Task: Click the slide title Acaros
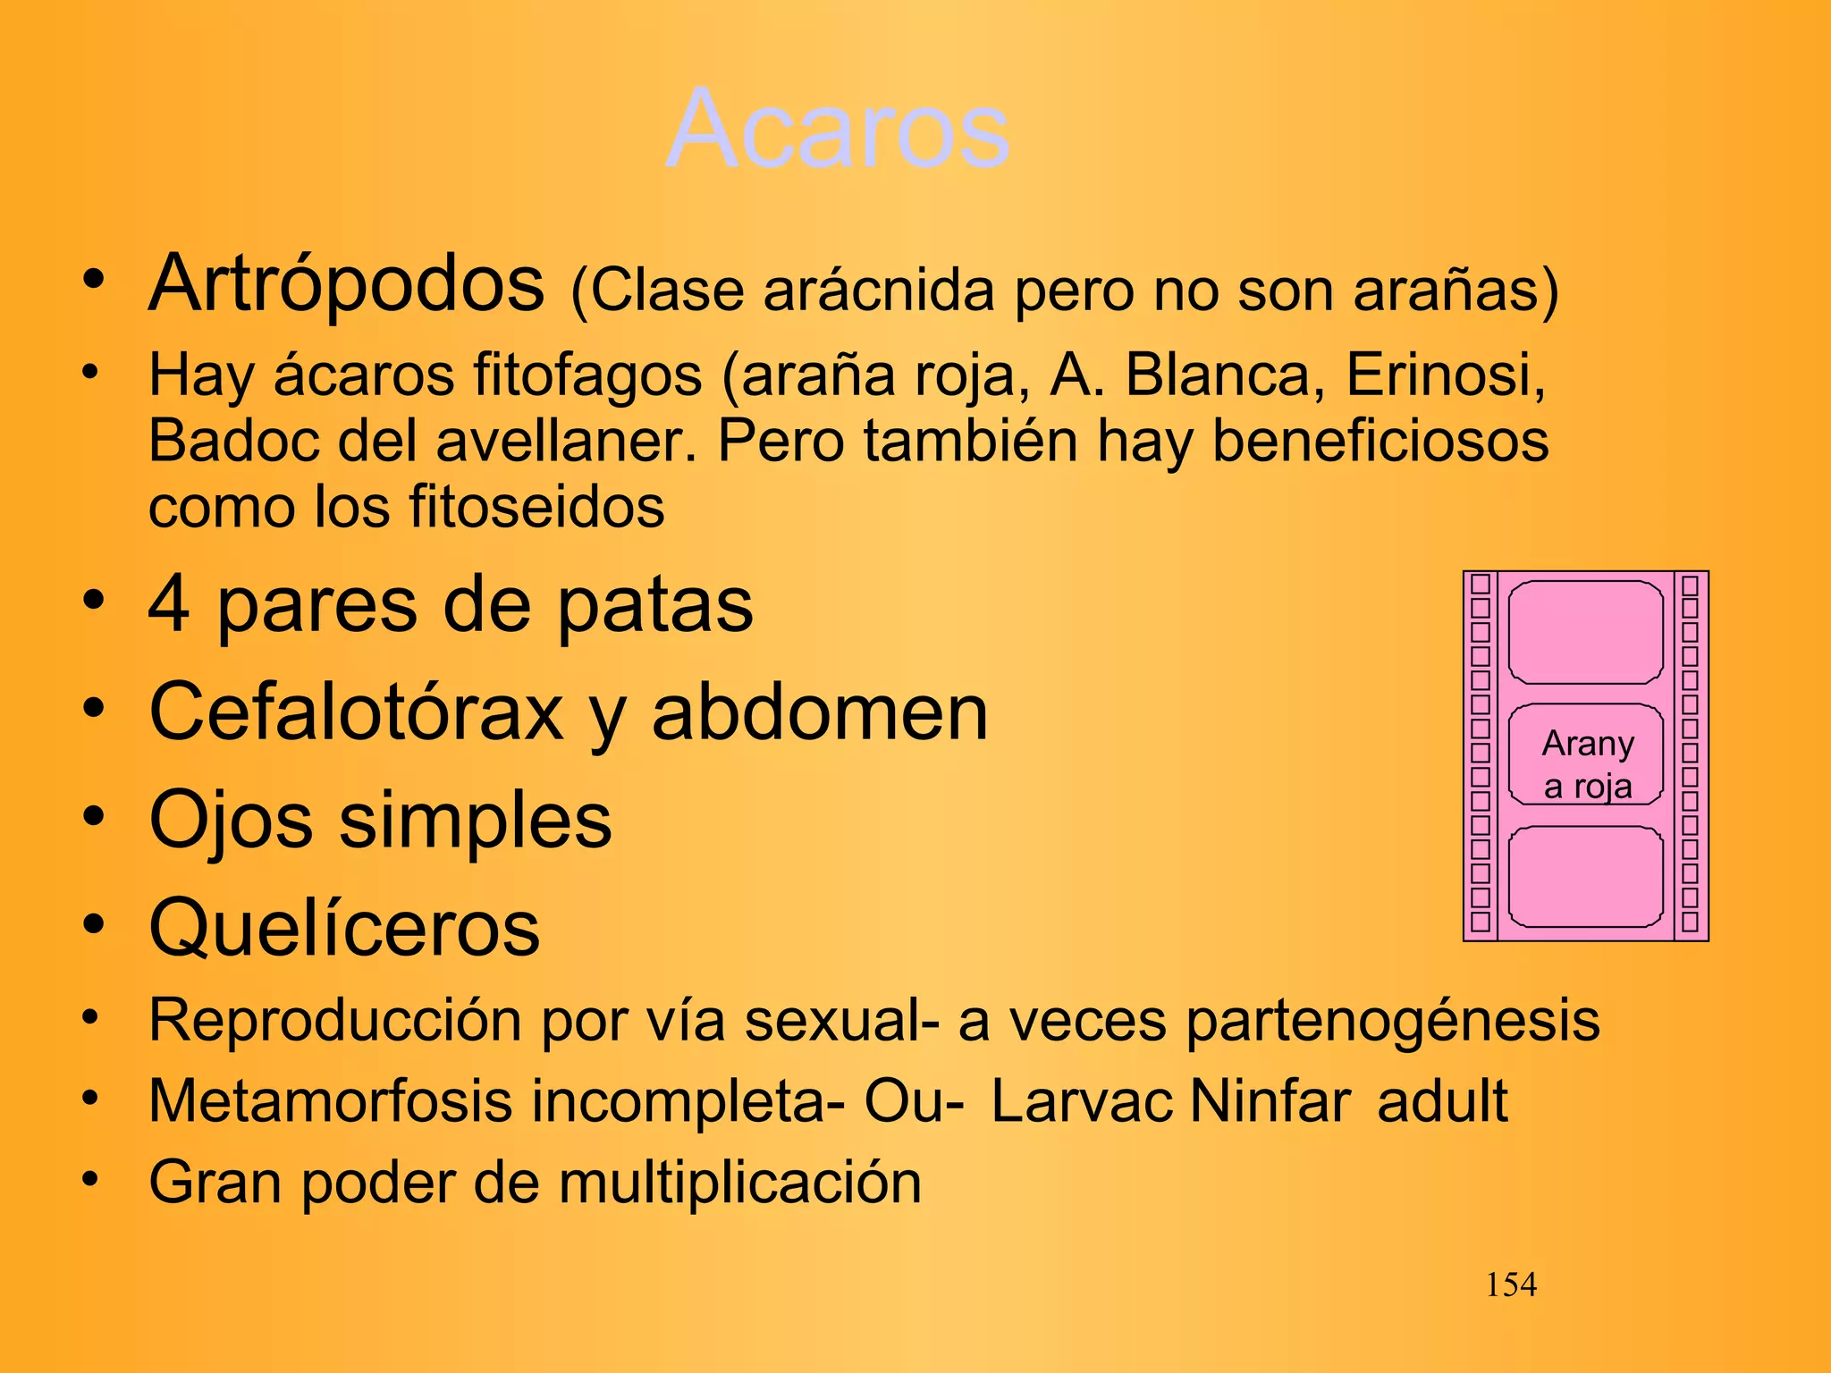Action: [x=838, y=130]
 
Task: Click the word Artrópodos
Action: [x=346, y=284]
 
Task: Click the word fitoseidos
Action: [x=536, y=507]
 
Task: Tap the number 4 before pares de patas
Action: [x=169, y=605]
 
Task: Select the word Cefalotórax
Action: [x=356, y=712]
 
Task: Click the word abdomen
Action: [x=819, y=712]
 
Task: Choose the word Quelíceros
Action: [x=344, y=928]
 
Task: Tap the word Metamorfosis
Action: [x=330, y=1101]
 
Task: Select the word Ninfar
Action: [x=1270, y=1101]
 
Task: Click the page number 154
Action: [x=1510, y=1285]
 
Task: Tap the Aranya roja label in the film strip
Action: [x=1587, y=764]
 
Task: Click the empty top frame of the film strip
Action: [x=1585, y=632]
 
